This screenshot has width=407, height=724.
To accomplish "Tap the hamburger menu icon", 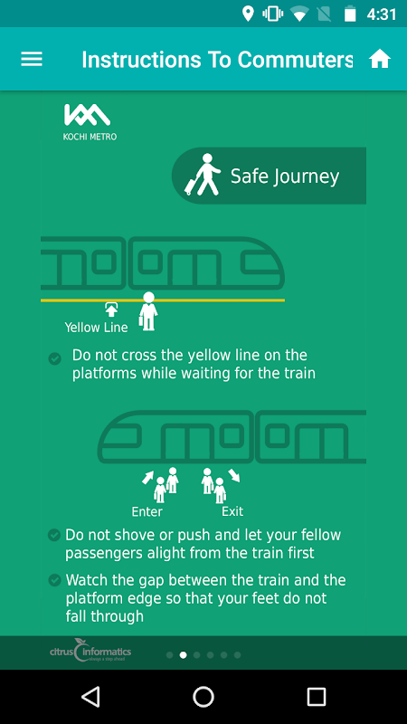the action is [32, 59].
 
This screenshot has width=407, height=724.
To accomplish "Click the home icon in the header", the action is [380, 59].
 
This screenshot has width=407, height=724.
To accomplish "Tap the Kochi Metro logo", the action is [90, 122].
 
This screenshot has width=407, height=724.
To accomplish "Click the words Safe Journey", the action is [285, 176].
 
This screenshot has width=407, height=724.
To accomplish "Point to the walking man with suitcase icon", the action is [203, 175].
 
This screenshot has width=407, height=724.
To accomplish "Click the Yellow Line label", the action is [96, 328].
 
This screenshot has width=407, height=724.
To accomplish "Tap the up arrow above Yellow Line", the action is [111, 310].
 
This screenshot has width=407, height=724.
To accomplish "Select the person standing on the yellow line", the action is [147, 311].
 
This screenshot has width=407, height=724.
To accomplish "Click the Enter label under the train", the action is [147, 511].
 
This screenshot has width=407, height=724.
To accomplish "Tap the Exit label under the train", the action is [232, 511].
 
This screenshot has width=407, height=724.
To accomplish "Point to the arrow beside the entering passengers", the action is [147, 478].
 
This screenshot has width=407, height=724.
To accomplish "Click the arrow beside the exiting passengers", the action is [234, 476].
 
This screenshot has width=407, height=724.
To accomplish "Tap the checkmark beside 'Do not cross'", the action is [55, 358].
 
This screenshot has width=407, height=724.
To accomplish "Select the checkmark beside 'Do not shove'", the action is [54, 535].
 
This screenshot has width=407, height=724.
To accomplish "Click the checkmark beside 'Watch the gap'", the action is [54, 580].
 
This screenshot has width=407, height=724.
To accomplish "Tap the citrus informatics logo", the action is [90, 651].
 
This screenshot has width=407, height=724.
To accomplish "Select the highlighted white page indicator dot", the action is [184, 654].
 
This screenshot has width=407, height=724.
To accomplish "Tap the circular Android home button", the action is [203, 696].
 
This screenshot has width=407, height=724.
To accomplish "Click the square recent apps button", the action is [316, 696].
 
